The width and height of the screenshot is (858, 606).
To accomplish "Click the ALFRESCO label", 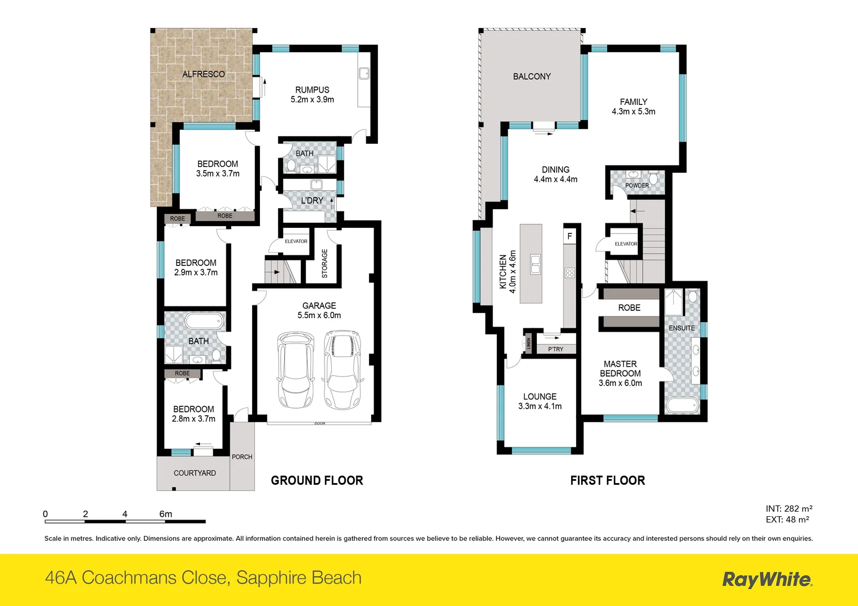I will (203, 74).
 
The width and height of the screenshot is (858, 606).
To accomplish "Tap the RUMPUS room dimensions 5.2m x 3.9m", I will (312, 99).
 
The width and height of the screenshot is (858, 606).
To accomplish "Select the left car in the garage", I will (296, 370).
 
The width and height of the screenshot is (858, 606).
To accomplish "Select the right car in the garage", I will (343, 370).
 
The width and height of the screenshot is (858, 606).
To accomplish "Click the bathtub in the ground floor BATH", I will (204, 322).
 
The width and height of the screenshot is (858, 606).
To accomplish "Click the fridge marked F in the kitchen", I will (569, 236).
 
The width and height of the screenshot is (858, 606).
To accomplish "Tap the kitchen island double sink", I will (535, 264).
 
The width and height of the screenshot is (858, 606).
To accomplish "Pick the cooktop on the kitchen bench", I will (569, 273).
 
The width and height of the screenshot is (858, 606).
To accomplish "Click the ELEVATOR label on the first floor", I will (626, 244).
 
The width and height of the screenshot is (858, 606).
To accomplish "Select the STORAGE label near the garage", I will (325, 263).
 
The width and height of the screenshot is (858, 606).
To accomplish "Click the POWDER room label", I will (637, 185).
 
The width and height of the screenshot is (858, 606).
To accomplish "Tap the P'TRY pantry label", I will (555, 349).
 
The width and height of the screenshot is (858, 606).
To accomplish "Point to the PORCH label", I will (242, 457).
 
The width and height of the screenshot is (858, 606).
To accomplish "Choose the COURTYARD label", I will (195, 473).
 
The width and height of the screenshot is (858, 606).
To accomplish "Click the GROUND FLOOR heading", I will (317, 480).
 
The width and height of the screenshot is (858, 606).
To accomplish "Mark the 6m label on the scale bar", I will (166, 513).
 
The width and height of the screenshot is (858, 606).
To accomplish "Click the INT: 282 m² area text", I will (789, 508).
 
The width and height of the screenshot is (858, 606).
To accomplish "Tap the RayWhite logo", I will (766, 580).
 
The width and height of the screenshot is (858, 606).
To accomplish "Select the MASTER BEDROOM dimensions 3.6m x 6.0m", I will (620, 383).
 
